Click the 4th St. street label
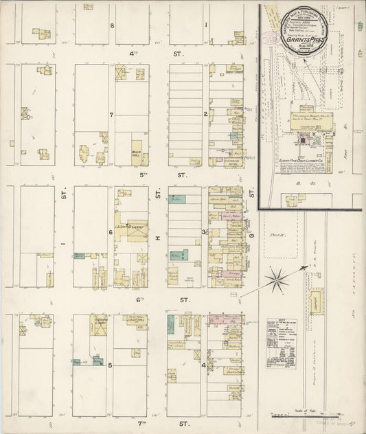(x=138, y=53)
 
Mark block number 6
(x=111, y=232)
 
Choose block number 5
(x=111, y=365)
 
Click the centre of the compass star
(x=278, y=278)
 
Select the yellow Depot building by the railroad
(x=315, y=301)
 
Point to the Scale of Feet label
(x=303, y=410)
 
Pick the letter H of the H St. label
(x=157, y=238)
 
